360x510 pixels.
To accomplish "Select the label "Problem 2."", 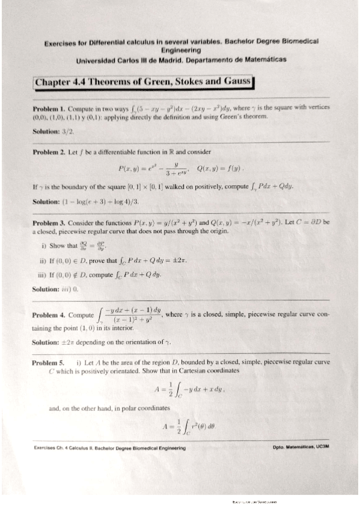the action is click(x=49, y=152).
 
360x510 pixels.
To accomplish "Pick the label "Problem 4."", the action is click(x=49, y=315).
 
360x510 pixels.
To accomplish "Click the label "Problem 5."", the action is click(x=49, y=363).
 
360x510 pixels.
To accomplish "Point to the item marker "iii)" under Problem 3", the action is click(x=46, y=275).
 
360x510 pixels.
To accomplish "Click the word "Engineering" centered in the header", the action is click(x=181, y=51).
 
